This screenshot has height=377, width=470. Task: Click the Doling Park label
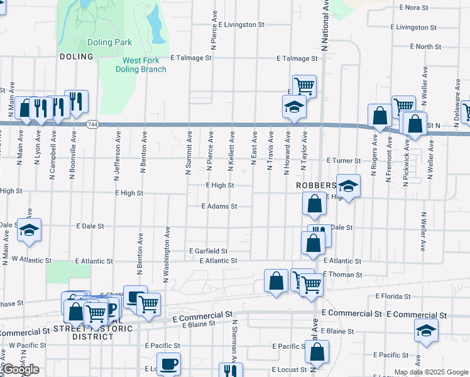pyautogui.click(x=109, y=43)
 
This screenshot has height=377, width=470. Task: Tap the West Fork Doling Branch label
pyautogui.click(x=145, y=65)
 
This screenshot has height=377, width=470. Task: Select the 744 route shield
pyautogui.click(x=92, y=124)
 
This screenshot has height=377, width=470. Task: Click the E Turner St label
pyautogui.click(x=343, y=161)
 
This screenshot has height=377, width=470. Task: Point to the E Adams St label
pyautogui.click(x=219, y=206)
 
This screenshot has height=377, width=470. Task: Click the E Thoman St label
pyautogui.click(x=342, y=275)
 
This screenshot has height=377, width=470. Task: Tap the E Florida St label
pyautogui.click(x=393, y=296)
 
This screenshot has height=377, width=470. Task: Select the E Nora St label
pyautogui.click(x=413, y=8)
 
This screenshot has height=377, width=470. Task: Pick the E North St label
pyautogui.click(x=425, y=46)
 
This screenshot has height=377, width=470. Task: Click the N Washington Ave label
pyautogui.click(x=167, y=254)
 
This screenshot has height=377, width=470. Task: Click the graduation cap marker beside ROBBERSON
pyautogui.click(x=348, y=186)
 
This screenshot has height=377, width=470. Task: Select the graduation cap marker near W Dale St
pyautogui.click(x=29, y=230)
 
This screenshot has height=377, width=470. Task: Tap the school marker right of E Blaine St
pyautogui.click(x=426, y=331)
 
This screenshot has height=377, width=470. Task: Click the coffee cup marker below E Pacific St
pyautogui.click(x=168, y=364)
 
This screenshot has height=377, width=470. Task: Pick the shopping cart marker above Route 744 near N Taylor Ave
pyautogui.click(x=304, y=86)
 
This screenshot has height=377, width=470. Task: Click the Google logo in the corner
pyautogui.click(x=20, y=369)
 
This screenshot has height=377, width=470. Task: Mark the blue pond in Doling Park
pyautogui.click(x=153, y=23)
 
